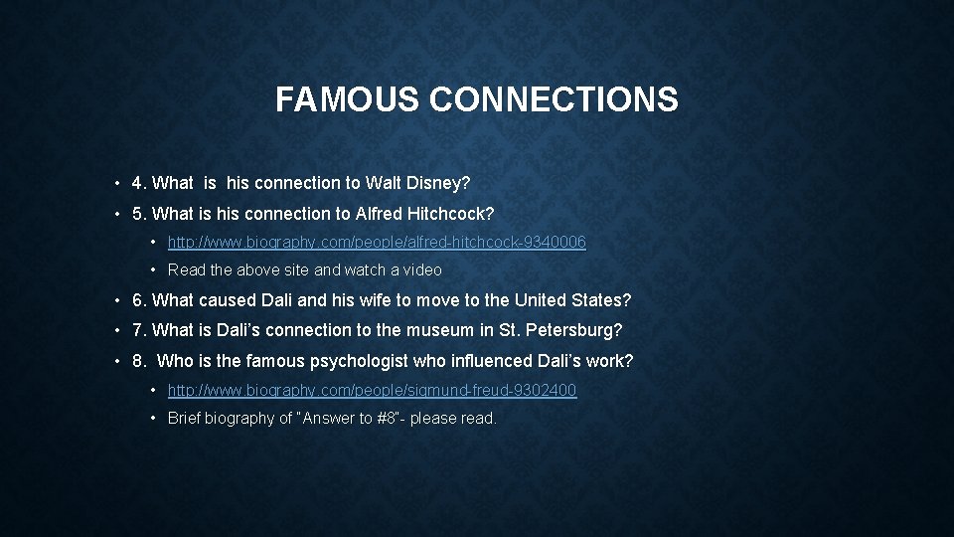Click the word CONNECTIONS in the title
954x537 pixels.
coord(555,99)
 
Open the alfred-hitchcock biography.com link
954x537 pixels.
coord(377,242)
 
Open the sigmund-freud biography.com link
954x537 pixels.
coord(372,390)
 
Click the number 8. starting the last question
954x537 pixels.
coord(139,360)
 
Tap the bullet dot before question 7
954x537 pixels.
coord(117,330)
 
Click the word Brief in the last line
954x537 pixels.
coord(186,418)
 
